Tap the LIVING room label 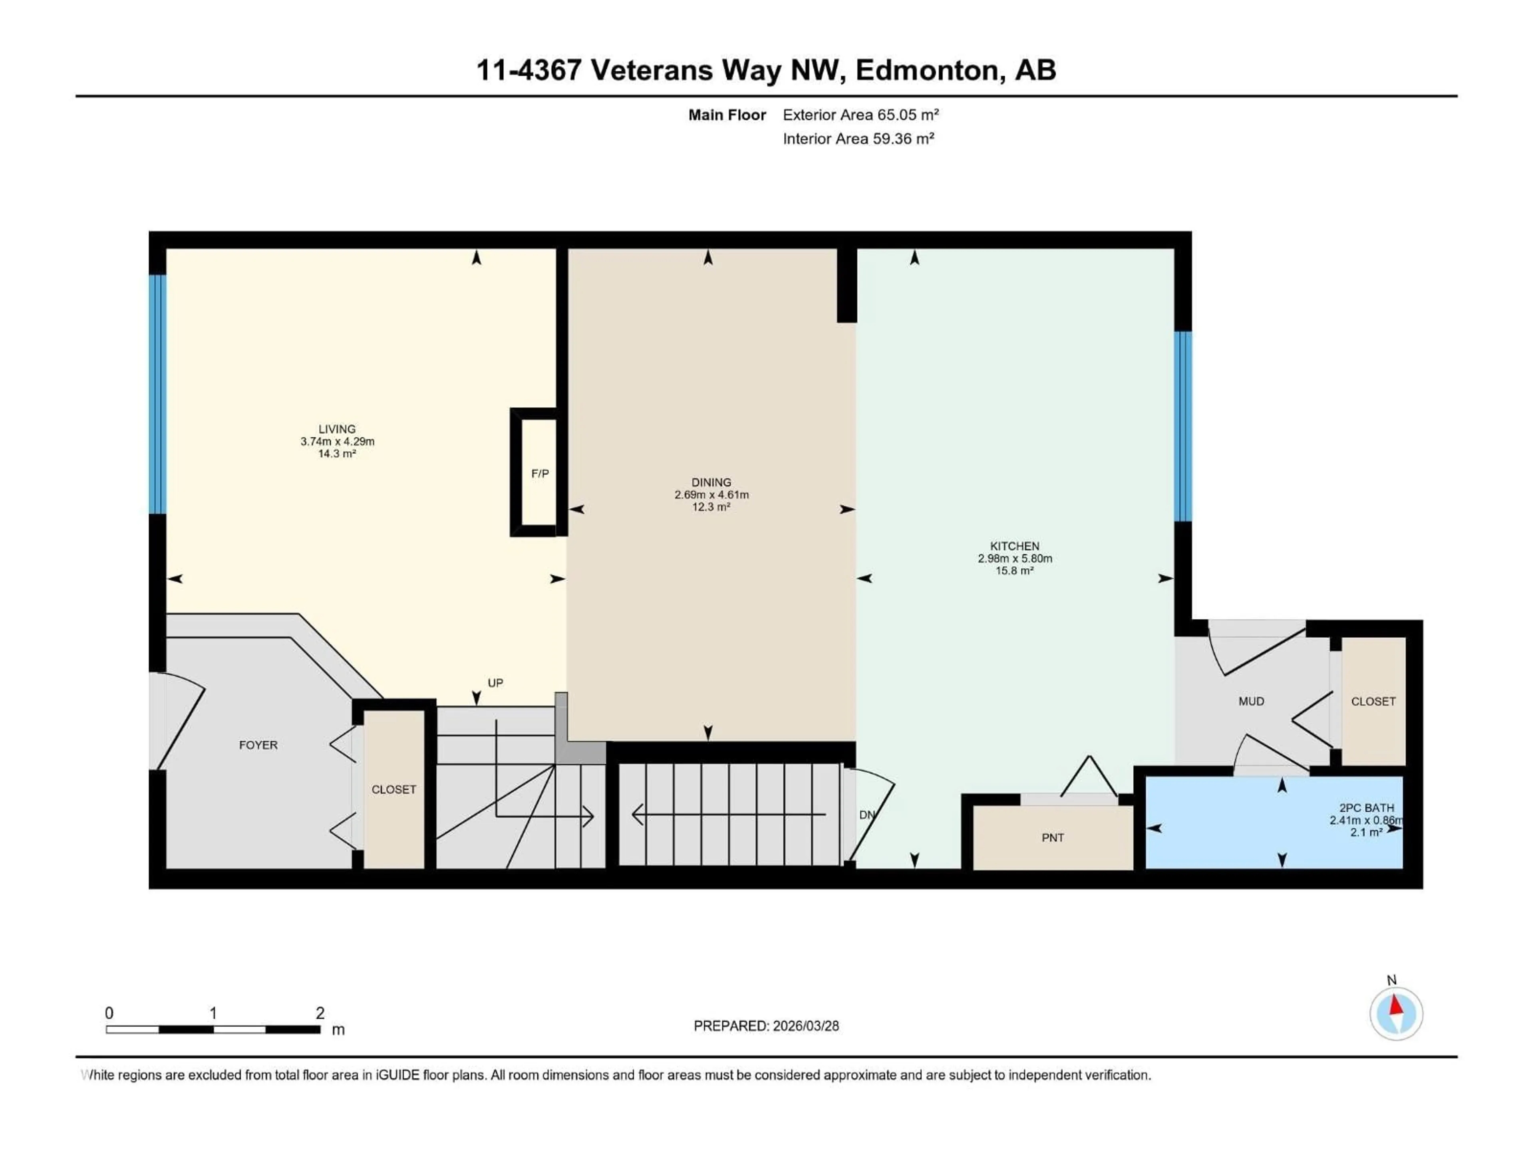point(337,429)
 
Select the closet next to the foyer point(393,789)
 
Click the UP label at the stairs point(495,683)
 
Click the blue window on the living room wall point(158,394)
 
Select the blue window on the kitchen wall point(1182,426)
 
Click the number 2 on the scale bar point(320,1013)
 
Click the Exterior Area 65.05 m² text point(860,115)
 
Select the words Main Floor point(727,115)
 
